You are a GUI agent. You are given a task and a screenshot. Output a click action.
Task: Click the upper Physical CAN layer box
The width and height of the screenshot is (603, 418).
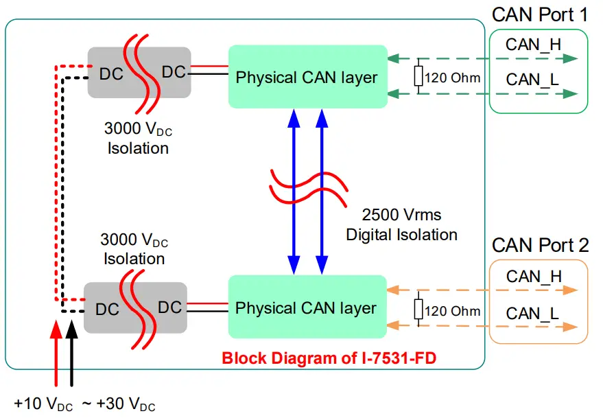pos(307,76)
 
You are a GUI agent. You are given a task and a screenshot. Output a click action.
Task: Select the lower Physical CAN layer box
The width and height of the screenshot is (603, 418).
pos(307,307)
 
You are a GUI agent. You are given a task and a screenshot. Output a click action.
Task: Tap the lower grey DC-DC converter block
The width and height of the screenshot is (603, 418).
pos(135,308)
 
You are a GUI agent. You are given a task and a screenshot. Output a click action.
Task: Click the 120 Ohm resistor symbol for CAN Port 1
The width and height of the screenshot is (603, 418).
pos(418,77)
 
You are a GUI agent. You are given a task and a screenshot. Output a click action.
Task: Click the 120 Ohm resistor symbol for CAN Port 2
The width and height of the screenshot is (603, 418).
pos(418,310)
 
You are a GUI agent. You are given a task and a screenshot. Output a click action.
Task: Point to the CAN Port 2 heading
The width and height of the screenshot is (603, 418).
pos(540,245)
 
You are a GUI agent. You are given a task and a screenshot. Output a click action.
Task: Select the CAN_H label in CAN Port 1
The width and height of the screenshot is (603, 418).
pos(533,45)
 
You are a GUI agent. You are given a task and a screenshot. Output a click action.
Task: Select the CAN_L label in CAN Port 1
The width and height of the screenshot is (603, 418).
pos(532,79)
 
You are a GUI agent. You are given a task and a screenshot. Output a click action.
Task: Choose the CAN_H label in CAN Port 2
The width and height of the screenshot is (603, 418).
pos(534,277)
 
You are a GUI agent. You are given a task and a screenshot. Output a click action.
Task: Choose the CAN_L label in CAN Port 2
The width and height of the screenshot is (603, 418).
pos(532,313)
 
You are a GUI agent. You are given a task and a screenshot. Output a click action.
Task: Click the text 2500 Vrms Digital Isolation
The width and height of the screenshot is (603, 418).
pos(401,224)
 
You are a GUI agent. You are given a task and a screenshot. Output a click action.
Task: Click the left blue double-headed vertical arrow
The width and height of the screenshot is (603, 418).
pos(294,191)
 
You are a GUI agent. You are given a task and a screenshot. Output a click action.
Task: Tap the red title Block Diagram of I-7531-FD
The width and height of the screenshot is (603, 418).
pos(329,358)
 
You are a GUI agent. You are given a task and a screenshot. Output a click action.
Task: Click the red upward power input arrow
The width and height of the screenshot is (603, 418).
pos(56,350)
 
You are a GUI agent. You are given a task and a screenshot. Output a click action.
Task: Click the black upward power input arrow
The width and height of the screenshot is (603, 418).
pos(72,350)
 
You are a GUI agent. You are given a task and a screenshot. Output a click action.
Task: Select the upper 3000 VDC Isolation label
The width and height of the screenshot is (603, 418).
pos(137,137)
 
